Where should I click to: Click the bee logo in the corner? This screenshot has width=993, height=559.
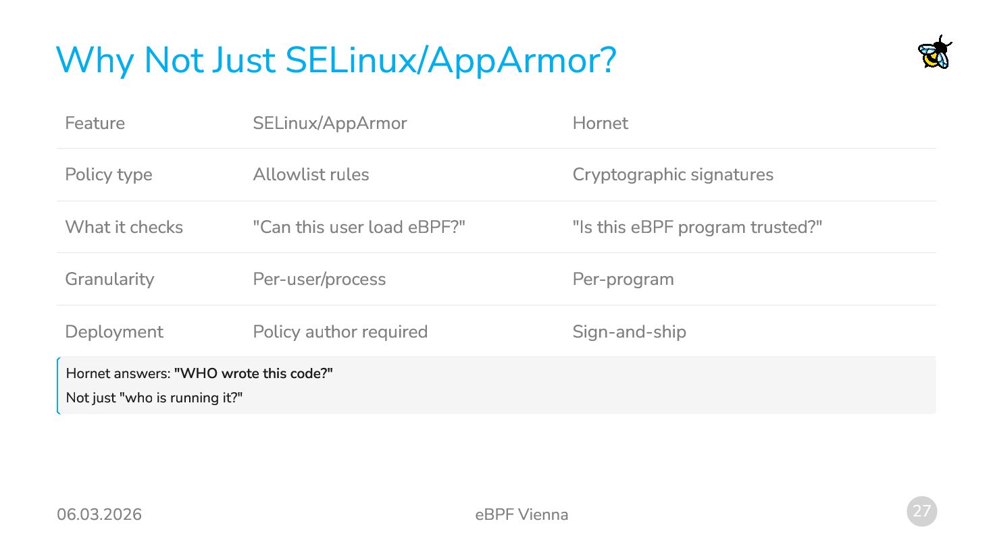pos(935,53)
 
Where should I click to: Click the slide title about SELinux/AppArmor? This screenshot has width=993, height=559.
pos(336,60)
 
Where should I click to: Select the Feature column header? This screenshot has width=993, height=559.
pos(95,124)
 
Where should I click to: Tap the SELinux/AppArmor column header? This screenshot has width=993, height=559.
pos(330,124)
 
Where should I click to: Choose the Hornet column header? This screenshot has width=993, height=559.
pos(600,124)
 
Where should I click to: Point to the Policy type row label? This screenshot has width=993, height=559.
pos(109,175)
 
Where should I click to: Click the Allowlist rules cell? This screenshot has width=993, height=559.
pos(311,175)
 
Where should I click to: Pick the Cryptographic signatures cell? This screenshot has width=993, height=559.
pos(673,175)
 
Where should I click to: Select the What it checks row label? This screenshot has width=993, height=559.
pos(124,228)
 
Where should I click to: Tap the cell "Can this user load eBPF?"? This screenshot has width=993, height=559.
pos(359,228)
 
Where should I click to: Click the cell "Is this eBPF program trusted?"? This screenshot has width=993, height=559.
pos(697,228)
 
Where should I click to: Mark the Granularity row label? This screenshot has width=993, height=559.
pos(109,279)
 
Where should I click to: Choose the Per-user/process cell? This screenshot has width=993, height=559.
pos(319,279)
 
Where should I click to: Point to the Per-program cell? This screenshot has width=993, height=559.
pos(623,279)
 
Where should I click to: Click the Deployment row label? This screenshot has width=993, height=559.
pos(114,332)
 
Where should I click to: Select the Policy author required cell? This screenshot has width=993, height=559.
pos(340,332)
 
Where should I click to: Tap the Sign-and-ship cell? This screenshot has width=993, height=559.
pos(629,332)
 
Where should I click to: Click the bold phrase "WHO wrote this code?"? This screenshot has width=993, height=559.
pos(253,374)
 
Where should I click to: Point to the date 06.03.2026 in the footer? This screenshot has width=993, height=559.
pos(99,514)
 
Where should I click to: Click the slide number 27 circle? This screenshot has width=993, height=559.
pos(921,511)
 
